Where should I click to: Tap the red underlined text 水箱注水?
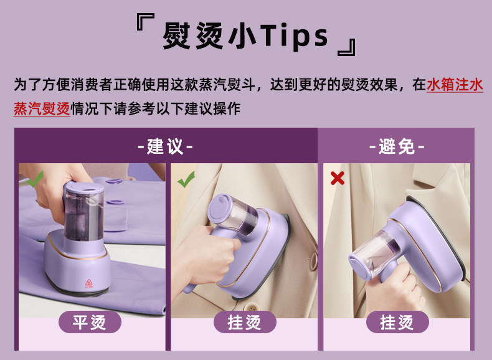coord(455,85)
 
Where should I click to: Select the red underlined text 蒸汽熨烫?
coord(42,108)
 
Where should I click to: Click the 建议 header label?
coord(165,146)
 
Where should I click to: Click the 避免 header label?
coord(397,146)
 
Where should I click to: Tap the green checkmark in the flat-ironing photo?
coord(35,179)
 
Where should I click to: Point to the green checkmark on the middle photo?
coord(186,179)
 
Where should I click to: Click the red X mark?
coord(338,178)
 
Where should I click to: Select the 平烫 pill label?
coord(90,322)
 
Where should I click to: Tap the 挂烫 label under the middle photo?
coord(245,322)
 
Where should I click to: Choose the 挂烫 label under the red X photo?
coord(397,322)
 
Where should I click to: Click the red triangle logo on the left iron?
coord(89,283)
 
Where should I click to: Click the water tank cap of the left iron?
coord(84,187)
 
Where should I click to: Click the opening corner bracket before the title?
coord(145,21)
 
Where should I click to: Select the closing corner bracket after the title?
coord(347,47)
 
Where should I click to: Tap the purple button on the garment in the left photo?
coord(113,181)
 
